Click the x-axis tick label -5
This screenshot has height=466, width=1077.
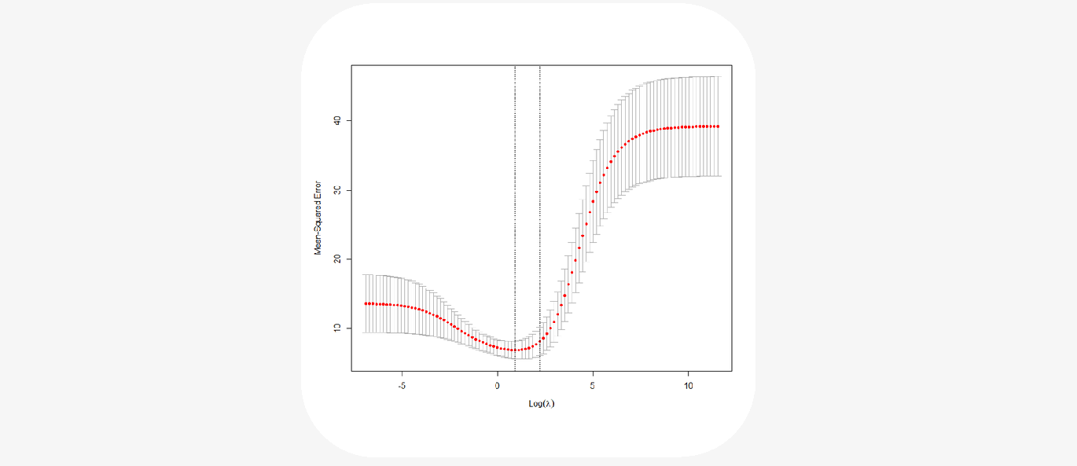(x=402, y=386)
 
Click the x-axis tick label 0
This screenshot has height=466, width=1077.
(x=497, y=386)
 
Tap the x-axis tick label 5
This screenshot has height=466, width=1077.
(x=593, y=386)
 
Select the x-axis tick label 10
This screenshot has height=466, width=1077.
(x=688, y=386)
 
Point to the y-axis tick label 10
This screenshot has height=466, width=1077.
(x=337, y=328)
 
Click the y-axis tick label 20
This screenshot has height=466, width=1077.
(x=337, y=259)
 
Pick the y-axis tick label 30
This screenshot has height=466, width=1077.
(x=337, y=189)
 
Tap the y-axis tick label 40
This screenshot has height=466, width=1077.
(x=337, y=120)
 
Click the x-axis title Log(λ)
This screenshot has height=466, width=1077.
(x=542, y=404)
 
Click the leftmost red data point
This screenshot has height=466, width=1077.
(x=366, y=303)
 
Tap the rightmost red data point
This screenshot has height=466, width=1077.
(x=718, y=127)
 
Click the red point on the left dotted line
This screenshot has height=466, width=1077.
(x=515, y=350)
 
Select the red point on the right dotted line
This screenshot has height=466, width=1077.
(x=540, y=340)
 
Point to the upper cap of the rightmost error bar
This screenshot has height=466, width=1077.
(x=718, y=77)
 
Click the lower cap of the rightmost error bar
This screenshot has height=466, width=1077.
(x=718, y=176)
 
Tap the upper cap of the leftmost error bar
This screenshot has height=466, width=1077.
(x=366, y=275)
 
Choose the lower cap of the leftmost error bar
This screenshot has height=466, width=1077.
(x=366, y=332)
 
